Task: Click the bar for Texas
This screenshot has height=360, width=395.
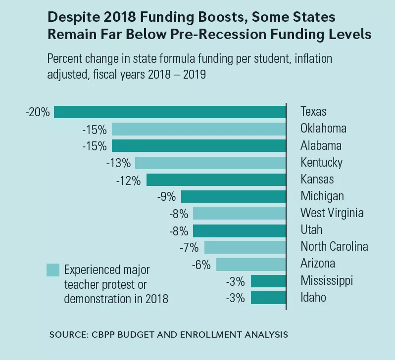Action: (x=170, y=112)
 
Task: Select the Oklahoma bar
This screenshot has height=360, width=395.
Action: (x=199, y=129)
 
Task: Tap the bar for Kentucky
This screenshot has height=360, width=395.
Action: (x=210, y=163)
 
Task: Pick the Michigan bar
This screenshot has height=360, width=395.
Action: (x=234, y=196)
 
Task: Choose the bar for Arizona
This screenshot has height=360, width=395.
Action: (x=251, y=264)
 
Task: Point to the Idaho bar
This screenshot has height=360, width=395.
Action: (x=268, y=298)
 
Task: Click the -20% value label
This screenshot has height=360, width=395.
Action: (x=38, y=112)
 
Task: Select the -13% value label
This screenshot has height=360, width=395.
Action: (x=118, y=163)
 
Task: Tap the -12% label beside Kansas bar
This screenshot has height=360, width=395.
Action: (x=129, y=180)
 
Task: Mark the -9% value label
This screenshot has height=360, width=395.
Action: (x=166, y=196)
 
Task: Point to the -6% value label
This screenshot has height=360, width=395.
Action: (x=201, y=264)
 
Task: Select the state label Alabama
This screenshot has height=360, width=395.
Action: (x=321, y=146)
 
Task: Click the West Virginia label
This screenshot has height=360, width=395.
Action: (x=332, y=213)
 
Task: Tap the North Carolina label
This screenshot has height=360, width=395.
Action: (x=334, y=247)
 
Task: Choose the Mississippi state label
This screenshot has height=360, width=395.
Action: (x=327, y=281)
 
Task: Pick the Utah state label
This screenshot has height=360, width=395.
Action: (x=311, y=230)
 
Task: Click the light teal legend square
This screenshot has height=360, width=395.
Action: (x=53, y=270)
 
